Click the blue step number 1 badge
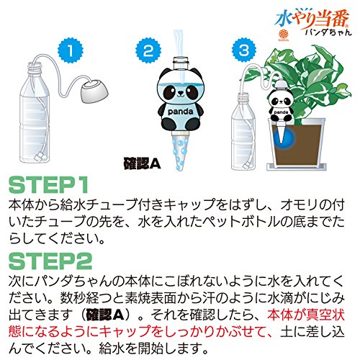[71, 51]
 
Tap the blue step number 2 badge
[148, 50]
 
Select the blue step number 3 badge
[244, 50]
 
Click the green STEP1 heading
[48, 185]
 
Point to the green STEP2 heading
[50, 261]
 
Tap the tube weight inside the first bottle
[39, 157]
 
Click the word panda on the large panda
[180, 112]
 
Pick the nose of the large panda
[180, 92]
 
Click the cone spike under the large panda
[180, 151]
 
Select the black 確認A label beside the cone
[142, 164]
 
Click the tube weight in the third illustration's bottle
[247, 166]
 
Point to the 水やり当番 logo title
[313, 20]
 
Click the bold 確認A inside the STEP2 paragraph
[105, 315]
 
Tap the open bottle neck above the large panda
[180, 62]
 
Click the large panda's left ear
[164, 73]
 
